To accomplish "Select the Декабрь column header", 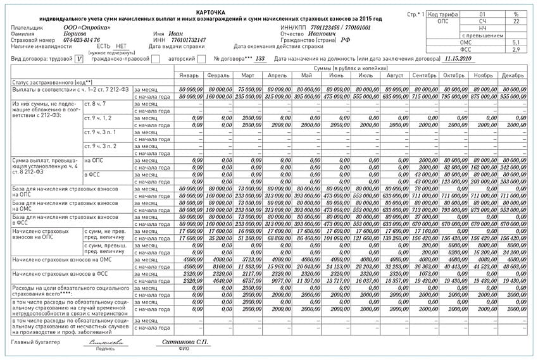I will pos(512,75).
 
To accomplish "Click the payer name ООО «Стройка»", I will pos(87,28).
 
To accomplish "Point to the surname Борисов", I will pos(77,34).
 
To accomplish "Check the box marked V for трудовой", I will pos(78,59).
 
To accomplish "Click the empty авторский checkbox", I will pos(201,59).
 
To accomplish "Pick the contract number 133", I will pos(260,58).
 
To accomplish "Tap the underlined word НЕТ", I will pos(122,46).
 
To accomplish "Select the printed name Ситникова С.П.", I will pos(184,342).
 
